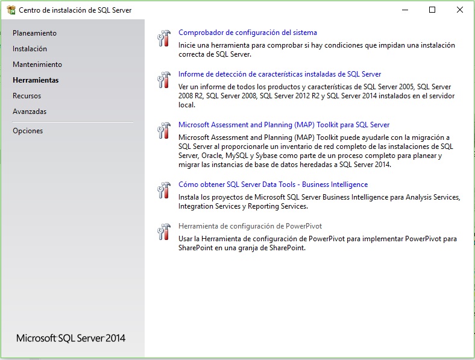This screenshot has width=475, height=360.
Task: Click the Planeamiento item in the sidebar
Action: pos(34,33)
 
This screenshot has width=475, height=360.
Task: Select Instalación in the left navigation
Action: pos(30,49)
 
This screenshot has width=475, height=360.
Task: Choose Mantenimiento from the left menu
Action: pos(37,65)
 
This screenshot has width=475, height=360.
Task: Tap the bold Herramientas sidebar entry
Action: pos(36,80)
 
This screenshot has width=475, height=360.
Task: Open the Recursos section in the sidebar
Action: pos(27,96)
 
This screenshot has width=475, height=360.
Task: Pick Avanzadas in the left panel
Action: pos(30,112)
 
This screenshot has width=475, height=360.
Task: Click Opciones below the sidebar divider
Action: pos(28,131)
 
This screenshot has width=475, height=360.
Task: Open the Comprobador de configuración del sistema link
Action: pos(247,33)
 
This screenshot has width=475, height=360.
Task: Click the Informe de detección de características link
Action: pos(280,74)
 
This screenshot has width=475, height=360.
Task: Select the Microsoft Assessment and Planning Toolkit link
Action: pos(284,125)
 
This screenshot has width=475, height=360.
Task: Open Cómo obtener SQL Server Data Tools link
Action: pos(273,185)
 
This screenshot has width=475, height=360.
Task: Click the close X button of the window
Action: pos(460,10)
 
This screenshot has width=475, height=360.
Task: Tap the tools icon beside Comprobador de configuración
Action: pos(164,39)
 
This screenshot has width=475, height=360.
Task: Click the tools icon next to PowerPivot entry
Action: pos(164,232)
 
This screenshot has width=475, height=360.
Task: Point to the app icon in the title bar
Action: pos(11,10)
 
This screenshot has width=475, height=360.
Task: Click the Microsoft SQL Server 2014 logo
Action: pos(71,338)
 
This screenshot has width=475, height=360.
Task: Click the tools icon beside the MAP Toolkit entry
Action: pos(164,131)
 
